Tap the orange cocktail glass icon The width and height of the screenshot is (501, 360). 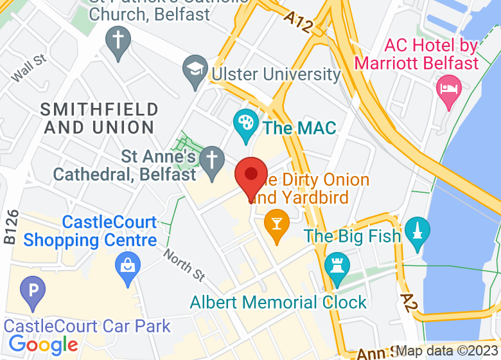click(276, 224)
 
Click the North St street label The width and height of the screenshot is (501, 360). click(184, 264)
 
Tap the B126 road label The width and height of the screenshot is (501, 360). click(10, 226)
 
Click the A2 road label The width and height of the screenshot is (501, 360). click(409, 304)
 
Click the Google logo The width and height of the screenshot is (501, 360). click(42, 345)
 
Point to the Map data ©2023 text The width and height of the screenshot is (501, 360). click(447, 352)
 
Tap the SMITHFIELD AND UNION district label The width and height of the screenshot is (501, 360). click(99, 118)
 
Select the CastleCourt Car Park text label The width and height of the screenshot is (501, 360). click(88, 325)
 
